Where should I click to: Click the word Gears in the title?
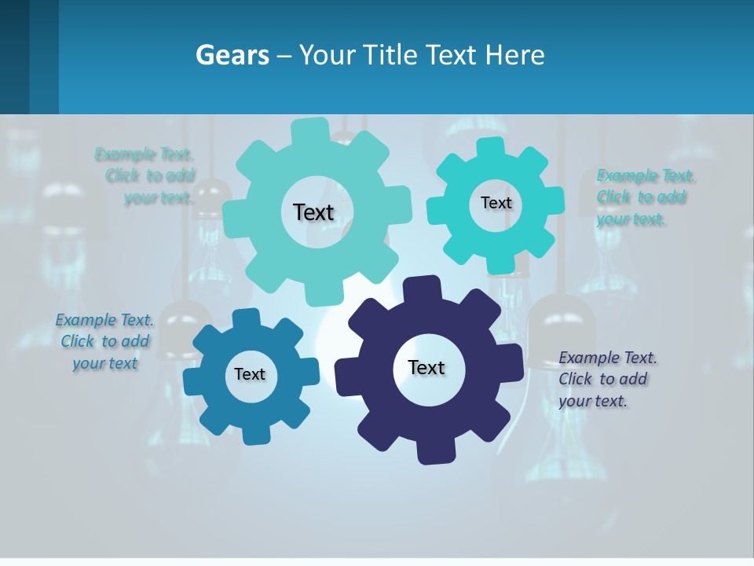pyautogui.click(x=232, y=56)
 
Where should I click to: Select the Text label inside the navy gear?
pyautogui.click(x=426, y=367)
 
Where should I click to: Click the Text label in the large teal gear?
pyautogui.click(x=313, y=212)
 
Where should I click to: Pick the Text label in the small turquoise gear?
pyautogui.click(x=496, y=203)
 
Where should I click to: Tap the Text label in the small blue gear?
pyautogui.click(x=249, y=374)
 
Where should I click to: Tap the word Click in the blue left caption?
pyautogui.click(x=78, y=341)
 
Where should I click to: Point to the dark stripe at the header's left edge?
pyautogui.click(x=14, y=57)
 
